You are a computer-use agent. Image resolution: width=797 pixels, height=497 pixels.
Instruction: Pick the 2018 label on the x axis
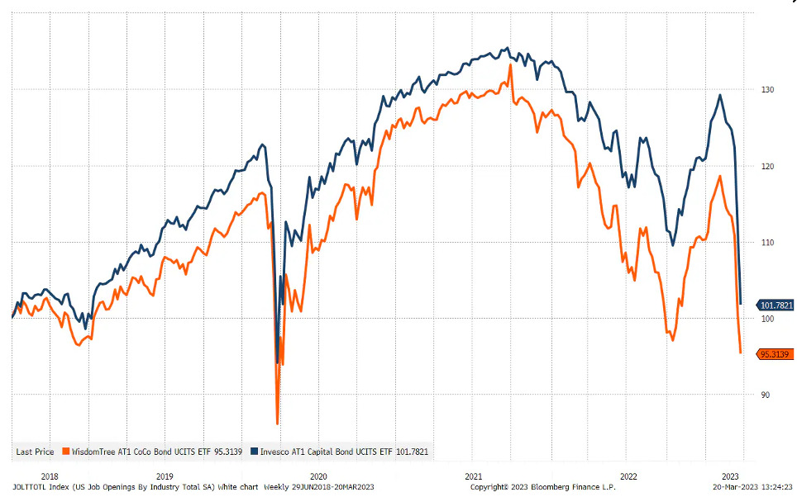pyautogui.click(x=50, y=476)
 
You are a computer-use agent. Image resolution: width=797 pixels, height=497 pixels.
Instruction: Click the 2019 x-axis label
pyautogui.click(x=165, y=476)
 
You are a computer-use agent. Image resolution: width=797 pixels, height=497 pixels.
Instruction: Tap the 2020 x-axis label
pyautogui.click(x=319, y=476)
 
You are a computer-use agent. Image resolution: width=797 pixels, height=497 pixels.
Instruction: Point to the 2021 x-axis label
pyautogui.click(x=474, y=476)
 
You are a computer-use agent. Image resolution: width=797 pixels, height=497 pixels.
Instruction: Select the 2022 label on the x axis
pyautogui.click(x=628, y=476)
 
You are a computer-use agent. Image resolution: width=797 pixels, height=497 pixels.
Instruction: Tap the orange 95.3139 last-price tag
pyautogui.click(x=773, y=354)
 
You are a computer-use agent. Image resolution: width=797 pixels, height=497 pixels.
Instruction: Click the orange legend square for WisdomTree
pyautogui.click(x=64, y=451)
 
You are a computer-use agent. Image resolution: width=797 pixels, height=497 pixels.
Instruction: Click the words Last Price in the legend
pyautogui.click(x=35, y=452)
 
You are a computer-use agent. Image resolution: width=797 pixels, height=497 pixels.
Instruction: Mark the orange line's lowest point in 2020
pyautogui.click(x=277, y=424)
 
